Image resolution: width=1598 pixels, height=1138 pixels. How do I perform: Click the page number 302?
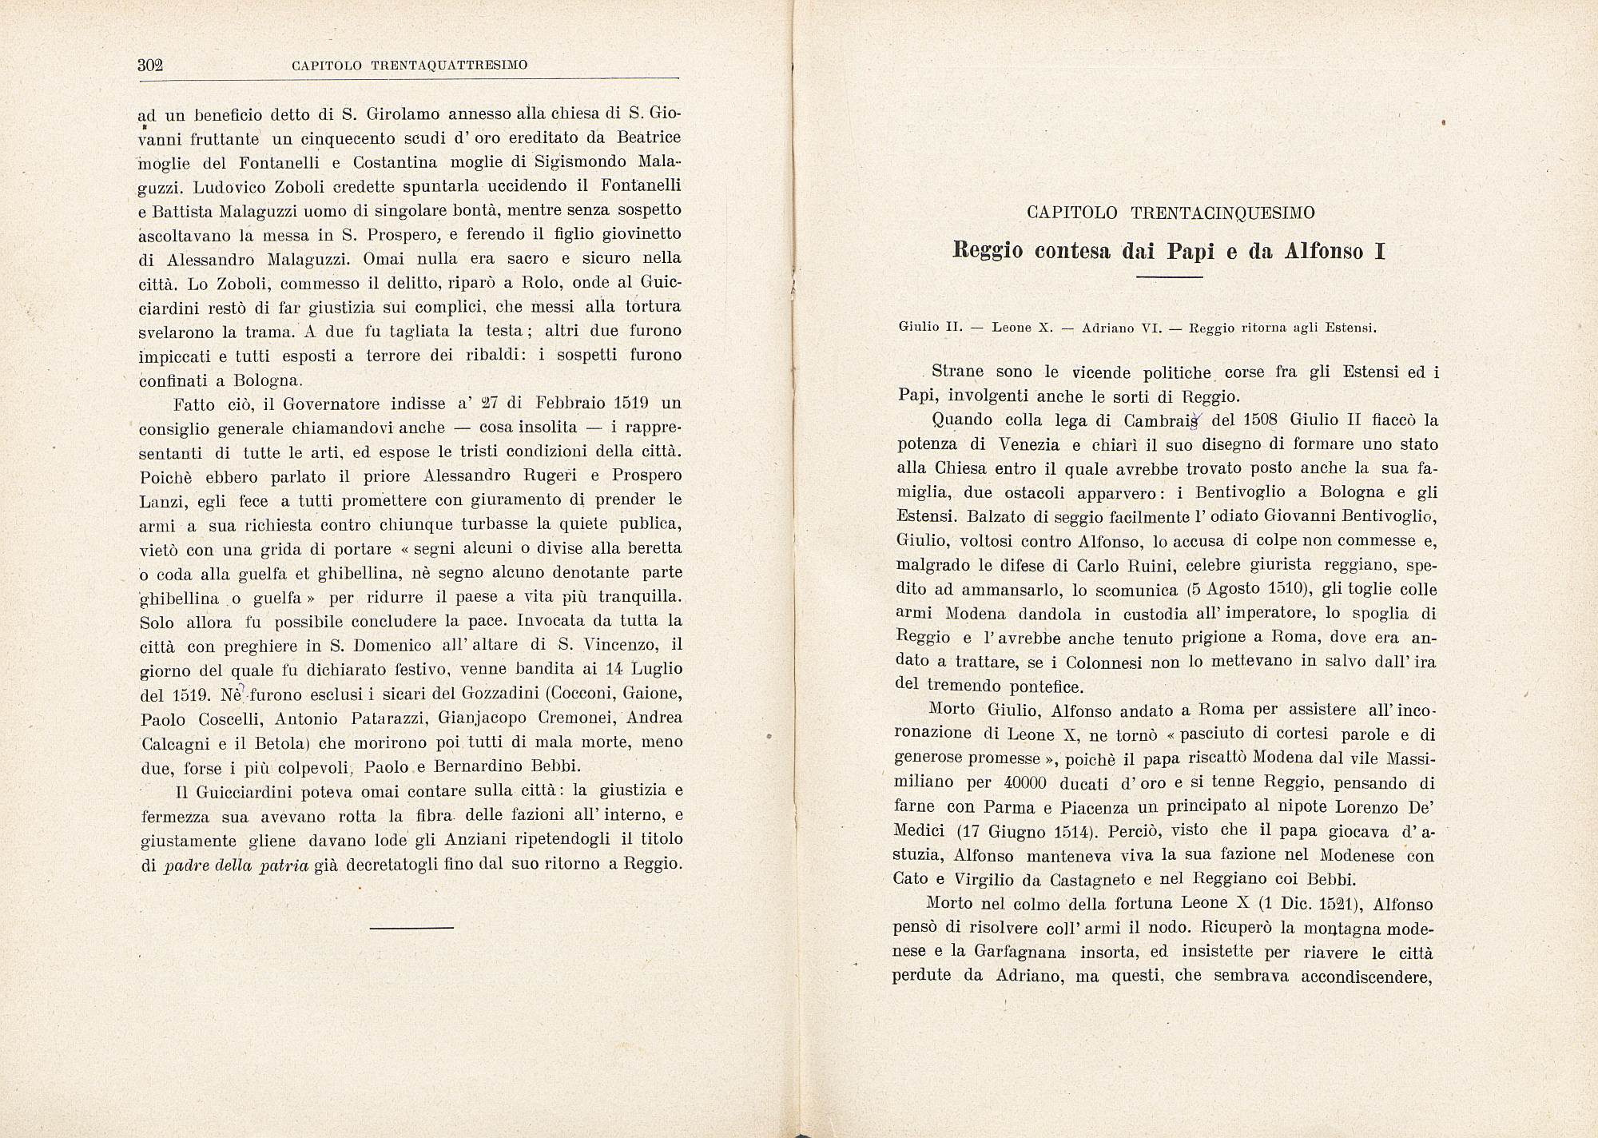[150, 66]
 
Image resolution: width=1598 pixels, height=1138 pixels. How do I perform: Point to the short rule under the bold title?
[1169, 277]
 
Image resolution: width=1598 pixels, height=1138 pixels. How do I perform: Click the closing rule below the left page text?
[411, 927]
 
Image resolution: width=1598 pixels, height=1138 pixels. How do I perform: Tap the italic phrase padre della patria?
[236, 865]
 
